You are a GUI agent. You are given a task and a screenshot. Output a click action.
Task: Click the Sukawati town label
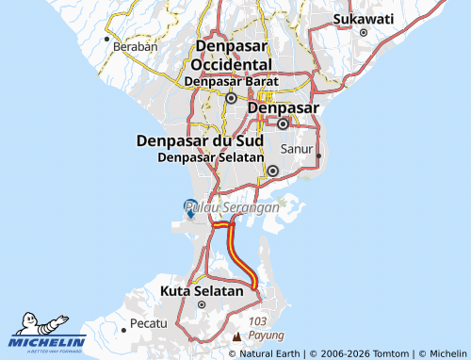point(363,18)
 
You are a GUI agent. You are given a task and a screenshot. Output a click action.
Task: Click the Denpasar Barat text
point(231,82)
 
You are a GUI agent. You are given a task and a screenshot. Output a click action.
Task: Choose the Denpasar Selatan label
point(208,157)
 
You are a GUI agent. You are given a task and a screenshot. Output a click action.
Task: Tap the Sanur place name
point(297,149)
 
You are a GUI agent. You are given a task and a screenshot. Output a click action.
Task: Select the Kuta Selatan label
point(202,291)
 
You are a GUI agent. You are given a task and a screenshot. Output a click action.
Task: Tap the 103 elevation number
point(258,321)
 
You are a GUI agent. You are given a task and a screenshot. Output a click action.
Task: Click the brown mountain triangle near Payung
point(235,335)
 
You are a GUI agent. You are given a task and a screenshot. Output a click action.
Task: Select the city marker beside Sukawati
point(363,33)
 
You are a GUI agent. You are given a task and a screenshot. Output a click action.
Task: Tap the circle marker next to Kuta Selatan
point(201,304)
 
